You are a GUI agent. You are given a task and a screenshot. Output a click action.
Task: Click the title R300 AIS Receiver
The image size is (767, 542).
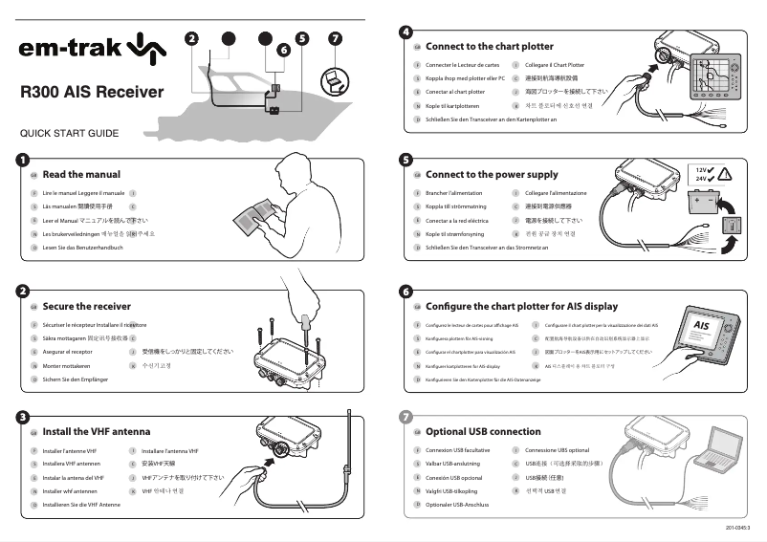click(x=92, y=93)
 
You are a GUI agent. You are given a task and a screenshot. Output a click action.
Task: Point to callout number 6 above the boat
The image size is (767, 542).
click(x=282, y=49)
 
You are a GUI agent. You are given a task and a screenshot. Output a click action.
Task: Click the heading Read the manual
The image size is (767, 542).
click(x=81, y=174)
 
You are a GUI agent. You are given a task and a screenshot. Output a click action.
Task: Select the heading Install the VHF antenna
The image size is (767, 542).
click(x=96, y=431)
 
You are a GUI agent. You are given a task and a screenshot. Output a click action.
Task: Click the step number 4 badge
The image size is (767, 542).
click(x=406, y=32)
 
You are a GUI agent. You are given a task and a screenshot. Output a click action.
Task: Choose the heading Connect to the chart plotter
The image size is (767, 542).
click(x=489, y=46)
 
